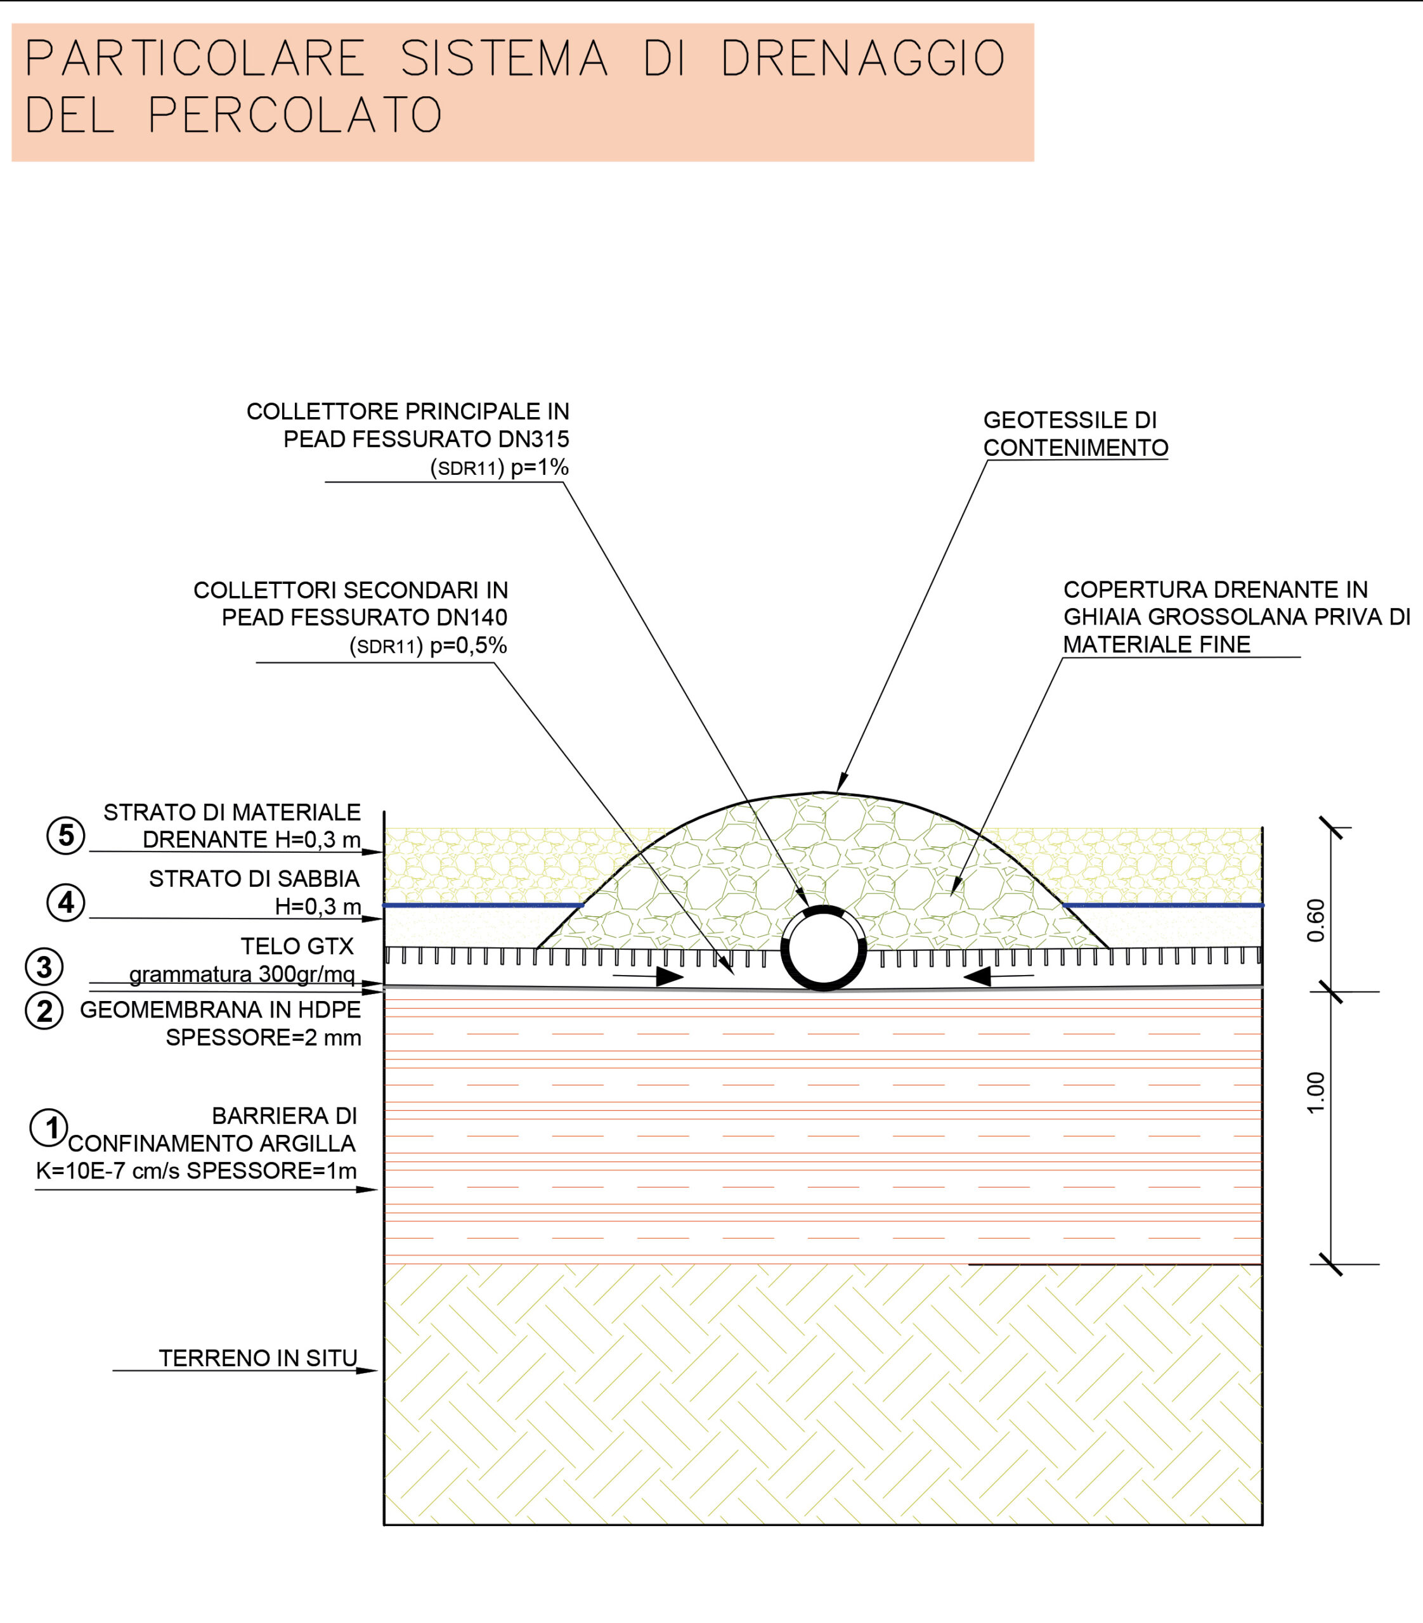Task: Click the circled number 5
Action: click(66, 836)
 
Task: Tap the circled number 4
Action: click(66, 903)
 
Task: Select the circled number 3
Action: click(44, 967)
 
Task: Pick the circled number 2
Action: click(44, 1012)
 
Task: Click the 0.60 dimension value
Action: click(1316, 921)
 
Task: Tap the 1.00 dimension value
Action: click(1316, 1094)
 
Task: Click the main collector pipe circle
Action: click(824, 949)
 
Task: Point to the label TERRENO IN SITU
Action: click(258, 1358)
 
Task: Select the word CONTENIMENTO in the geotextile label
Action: click(1075, 448)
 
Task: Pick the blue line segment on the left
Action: click(483, 905)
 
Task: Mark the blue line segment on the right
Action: click(1162, 905)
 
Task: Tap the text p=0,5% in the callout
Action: click(469, 645)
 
